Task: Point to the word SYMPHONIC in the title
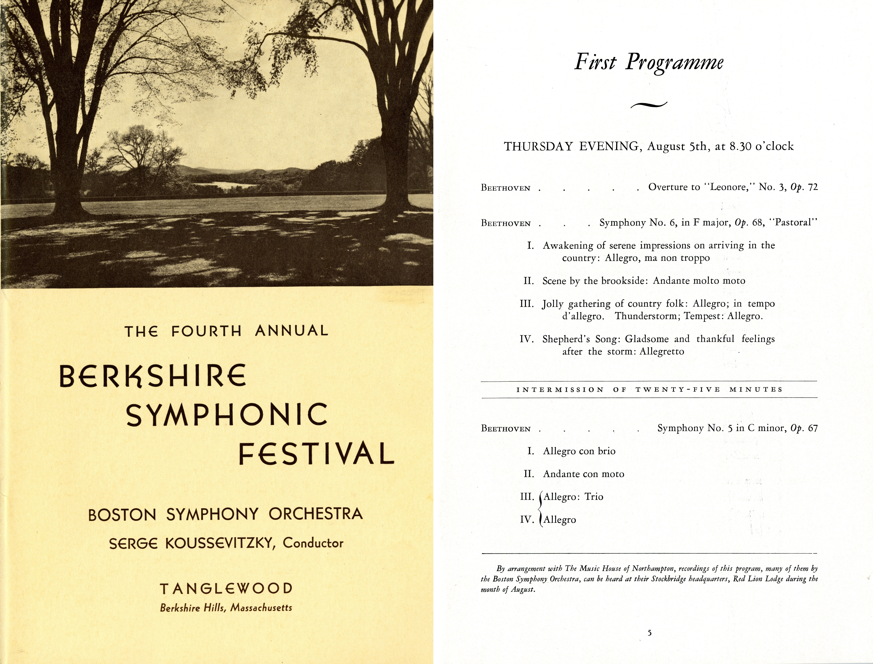pyautogui.click(x=226, y=415)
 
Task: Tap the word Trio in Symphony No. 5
pyautogui.click(x=594, y=497)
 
